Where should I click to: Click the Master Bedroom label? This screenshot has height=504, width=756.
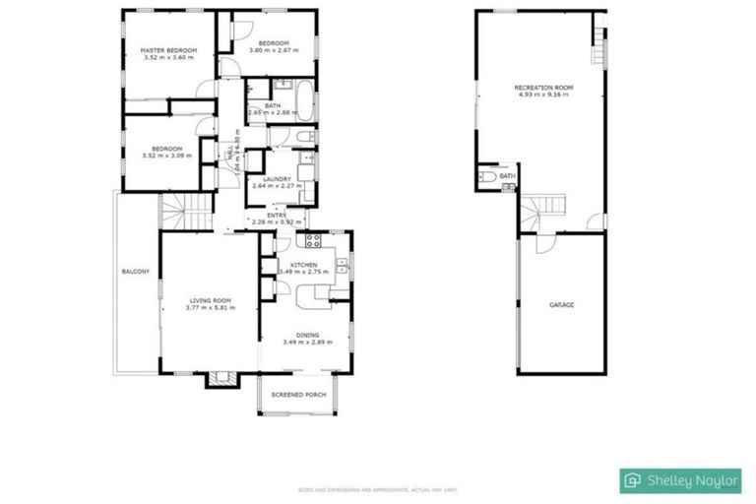coord(167,50)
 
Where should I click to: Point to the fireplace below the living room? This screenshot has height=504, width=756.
coord(220,379)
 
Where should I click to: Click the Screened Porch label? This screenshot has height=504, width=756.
coord(298,395)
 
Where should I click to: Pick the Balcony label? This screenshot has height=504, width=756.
coord(135,272)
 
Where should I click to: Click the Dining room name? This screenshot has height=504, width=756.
coord(307,335)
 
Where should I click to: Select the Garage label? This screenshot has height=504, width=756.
coord(561,305)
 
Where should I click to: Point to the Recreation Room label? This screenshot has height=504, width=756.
coord(543,88)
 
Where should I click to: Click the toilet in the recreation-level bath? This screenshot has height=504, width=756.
coord(487,177)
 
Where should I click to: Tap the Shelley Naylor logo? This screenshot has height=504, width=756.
coord(681,479)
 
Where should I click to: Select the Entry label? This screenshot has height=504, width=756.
coord(277,214)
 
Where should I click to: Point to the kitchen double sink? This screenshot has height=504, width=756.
coord(341,263)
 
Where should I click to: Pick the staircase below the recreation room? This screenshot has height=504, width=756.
coord(544,211)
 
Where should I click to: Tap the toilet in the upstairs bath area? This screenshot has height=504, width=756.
coord(304,137)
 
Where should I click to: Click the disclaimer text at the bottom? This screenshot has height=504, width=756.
coord(378,489)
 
